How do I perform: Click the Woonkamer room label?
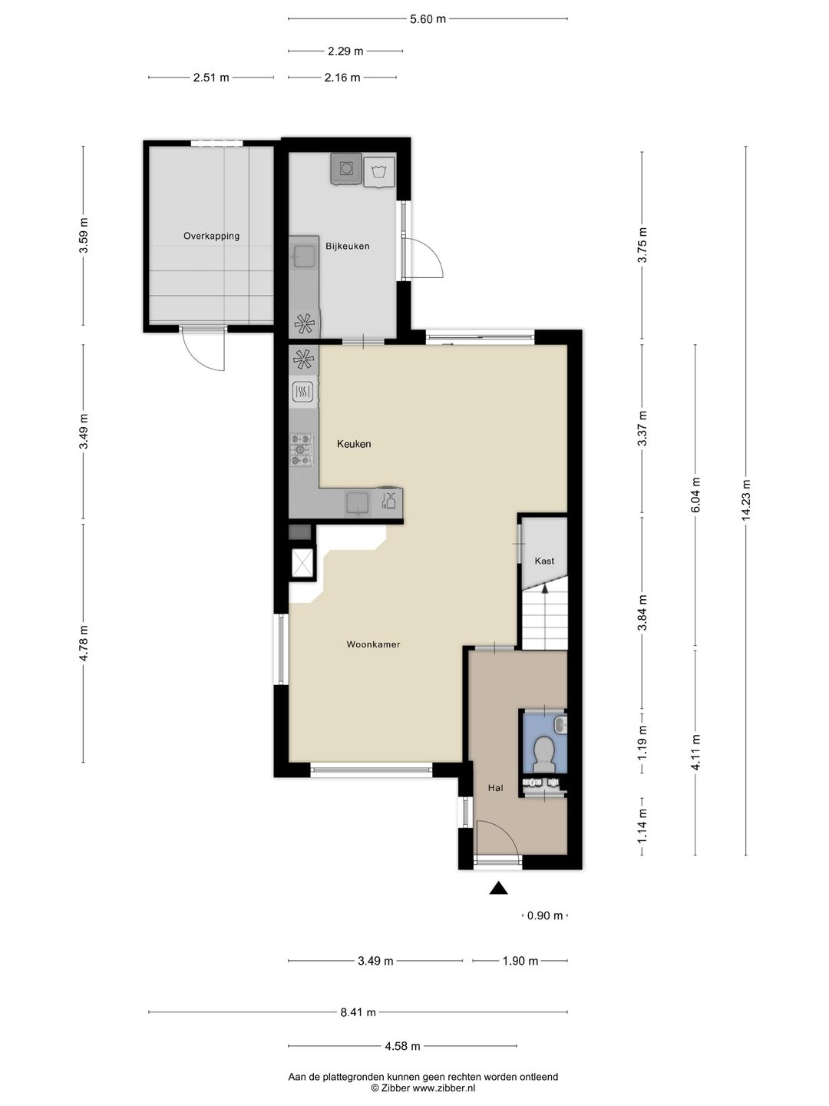click(373, 644)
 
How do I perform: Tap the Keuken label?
click(354, 444)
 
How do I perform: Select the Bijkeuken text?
click(347, 246)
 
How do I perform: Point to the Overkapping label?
click(211, 236)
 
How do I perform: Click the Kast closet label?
click(544, 561)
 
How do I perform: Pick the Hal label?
click(495, 788)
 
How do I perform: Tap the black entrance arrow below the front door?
click(498, 888)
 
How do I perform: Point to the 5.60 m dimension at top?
click(428, 19)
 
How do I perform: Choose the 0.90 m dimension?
click(545, 915)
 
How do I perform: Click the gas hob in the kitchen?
click(302, 449)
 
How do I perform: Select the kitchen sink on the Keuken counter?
click(358, 503)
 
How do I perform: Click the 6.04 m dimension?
click(695, 495)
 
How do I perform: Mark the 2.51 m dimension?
click(211, 78)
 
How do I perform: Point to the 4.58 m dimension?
click(402, 1046)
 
